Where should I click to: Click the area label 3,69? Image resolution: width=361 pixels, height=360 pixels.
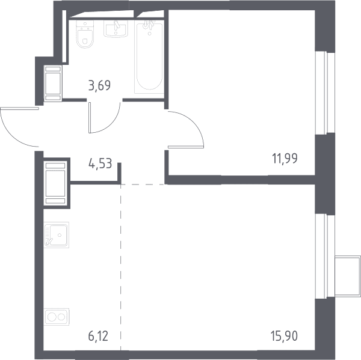pyautogui.click(x=99, y=85)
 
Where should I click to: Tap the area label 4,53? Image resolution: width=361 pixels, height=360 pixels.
pyautogui.click(x=100, y=163)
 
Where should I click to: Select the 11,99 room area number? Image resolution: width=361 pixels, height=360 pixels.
pyautogui.click(x=285, y=159)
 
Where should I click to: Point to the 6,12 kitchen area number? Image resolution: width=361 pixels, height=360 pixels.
pyautogui.click(x=98, y=336)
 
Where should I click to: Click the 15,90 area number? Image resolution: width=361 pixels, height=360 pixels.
pyautogui.click(x=285, y=336)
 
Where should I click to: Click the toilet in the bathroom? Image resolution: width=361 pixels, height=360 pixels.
pyautogui.click(x=85, y=34)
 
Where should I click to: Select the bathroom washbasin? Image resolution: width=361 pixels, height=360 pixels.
pyautogui.click(x=116, y=29)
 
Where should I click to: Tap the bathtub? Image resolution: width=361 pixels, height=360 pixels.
pyautogui.click(x=149, y=57)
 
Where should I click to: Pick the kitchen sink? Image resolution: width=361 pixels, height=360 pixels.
pyautogui.click(x=57, y=235)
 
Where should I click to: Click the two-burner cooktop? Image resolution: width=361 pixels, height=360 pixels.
pyautogui.click(x=57, y=317)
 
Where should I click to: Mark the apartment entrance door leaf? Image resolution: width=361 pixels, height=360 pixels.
pyautogui.click(x=19, y=108)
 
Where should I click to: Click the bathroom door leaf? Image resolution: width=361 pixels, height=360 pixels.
pyautogui.click(x=90, y=118)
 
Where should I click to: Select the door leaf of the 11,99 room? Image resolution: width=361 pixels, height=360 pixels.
pyautogui.click(x=186, y=147)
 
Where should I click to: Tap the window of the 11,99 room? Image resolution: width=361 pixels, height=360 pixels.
pyautogui.click(x=325, y=93)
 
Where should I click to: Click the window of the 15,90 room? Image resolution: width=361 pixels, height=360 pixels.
pyautogui.click(x=325, y=256)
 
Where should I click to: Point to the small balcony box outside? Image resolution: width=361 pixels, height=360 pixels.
pyautogui.click(x=348, y=276)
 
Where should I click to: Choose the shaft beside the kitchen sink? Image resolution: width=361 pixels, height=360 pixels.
pyautogui.click(x=55, y=183)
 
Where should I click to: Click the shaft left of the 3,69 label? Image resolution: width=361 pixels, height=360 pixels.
pyautogui.click(x=53, y=84)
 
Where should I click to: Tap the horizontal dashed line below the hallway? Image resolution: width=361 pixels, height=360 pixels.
pyautogui.click(x=143, y=185)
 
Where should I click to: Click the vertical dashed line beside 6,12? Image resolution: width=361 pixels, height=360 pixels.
pyautogui.click(x=121, y=267)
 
